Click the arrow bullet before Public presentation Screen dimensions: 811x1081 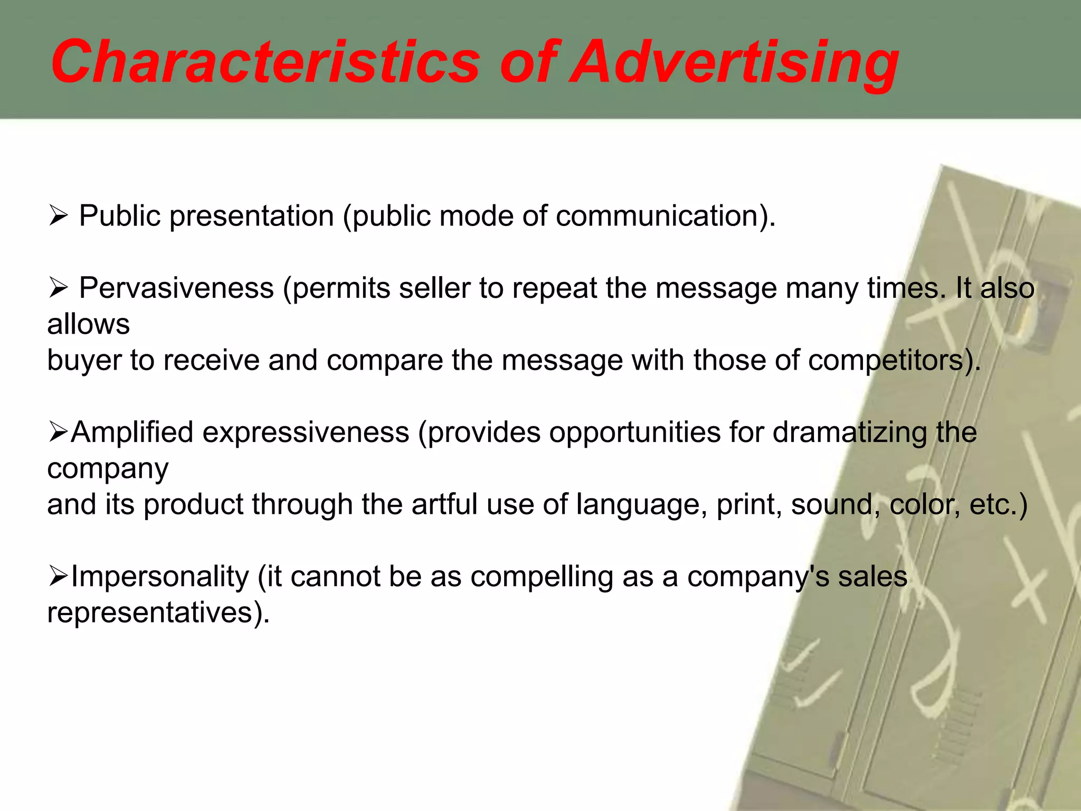point(58,215)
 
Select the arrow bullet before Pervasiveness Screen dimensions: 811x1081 point(58,288)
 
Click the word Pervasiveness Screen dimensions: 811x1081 point(176,288)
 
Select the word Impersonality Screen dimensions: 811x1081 point(159,577)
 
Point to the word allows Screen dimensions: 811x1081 point(88,324)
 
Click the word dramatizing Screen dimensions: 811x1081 point(849,432)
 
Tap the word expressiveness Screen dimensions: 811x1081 point(306,432)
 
